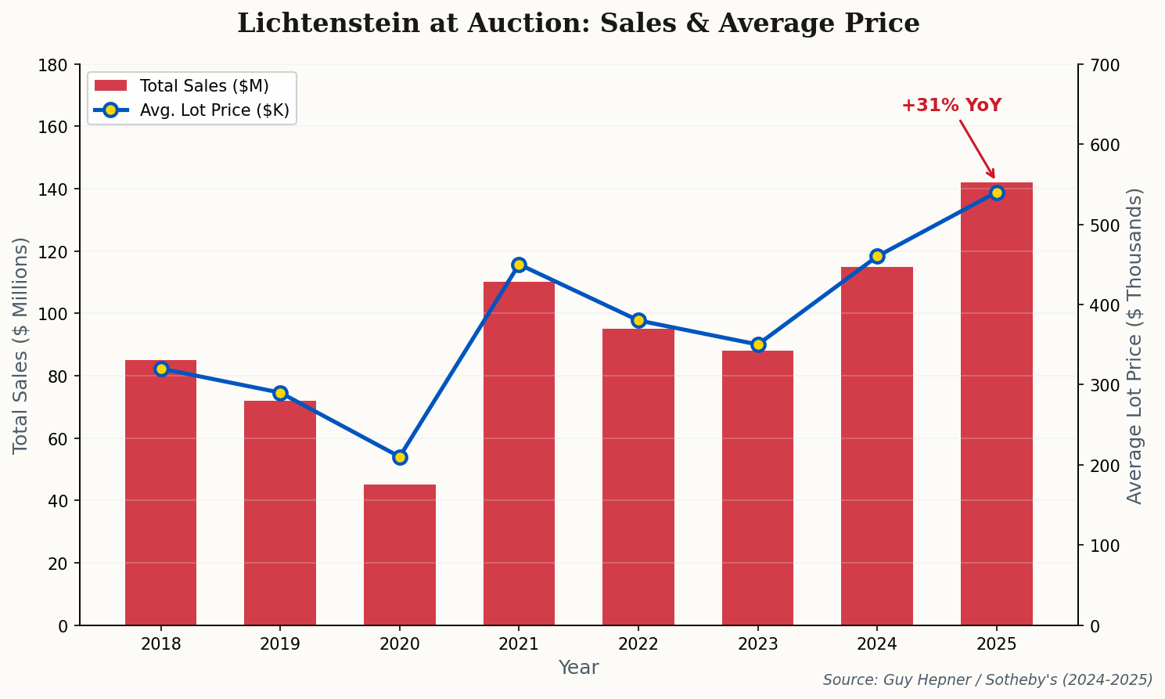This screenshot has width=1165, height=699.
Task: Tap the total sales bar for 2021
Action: tap(519, 453)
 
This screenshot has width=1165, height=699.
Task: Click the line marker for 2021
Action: tap(519, 265)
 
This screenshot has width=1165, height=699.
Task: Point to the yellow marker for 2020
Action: tap(400, 457)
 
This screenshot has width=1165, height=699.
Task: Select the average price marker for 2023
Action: tap(757, 344)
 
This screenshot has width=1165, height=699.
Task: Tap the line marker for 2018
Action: tap(161, 369)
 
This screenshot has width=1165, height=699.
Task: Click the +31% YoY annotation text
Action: tap(951, 106)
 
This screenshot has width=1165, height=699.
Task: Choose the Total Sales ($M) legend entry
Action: tap(203, 86)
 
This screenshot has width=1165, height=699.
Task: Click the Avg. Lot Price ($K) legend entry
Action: tap(214, 111)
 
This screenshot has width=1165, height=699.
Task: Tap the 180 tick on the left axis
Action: tap(53, 65)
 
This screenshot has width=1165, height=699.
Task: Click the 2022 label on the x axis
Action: tap(638, 644)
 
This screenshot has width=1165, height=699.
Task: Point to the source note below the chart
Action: tap(987, 680)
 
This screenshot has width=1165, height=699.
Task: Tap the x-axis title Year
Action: tap(578, 668)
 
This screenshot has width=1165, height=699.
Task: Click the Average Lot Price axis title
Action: tap(1134, 345)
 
